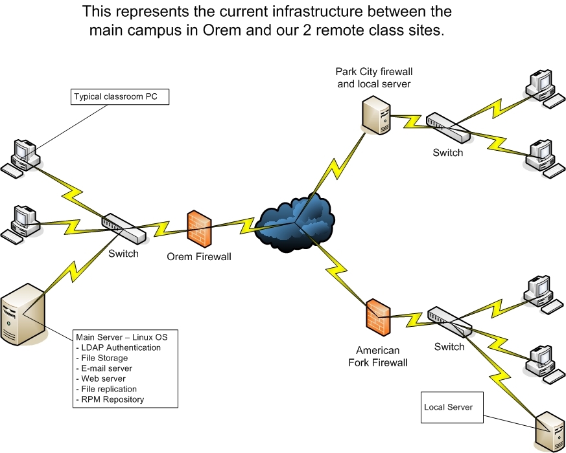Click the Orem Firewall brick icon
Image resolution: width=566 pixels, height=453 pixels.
199,227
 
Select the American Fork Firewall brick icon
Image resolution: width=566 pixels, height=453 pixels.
377,316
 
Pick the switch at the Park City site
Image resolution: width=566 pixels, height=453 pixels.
448,128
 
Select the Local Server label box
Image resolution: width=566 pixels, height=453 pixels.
453,407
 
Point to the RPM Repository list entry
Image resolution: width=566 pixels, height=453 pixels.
113,399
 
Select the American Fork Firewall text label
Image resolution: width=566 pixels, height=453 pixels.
382,357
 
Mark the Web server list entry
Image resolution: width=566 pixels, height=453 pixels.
104,379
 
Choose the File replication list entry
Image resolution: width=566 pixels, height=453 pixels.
109,389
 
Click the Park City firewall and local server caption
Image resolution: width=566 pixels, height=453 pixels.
374,77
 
